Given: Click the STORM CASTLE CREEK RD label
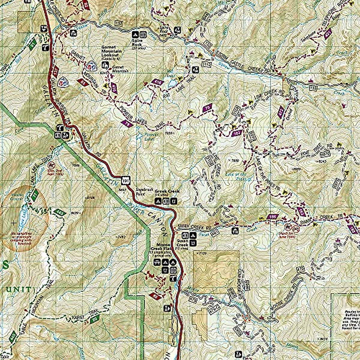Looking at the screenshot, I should [x=240, y=61].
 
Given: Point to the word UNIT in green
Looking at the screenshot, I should [x=18, y=289].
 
